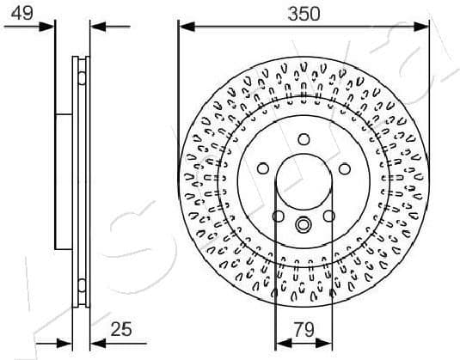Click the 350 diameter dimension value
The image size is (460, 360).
click(304, 13)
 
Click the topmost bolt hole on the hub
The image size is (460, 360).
click(304, 139)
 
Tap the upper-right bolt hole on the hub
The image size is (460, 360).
click(344, 168)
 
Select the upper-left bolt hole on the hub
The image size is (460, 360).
click(263, 168)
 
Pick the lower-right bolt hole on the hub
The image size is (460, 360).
click(328, 216)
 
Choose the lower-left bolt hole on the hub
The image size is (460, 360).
click(279, 216)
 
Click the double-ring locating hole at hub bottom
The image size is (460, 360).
click(304, 225)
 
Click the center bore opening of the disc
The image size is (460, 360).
click(304, 185)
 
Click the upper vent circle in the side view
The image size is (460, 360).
click(82, 77)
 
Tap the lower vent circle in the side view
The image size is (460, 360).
click(82, 285)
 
